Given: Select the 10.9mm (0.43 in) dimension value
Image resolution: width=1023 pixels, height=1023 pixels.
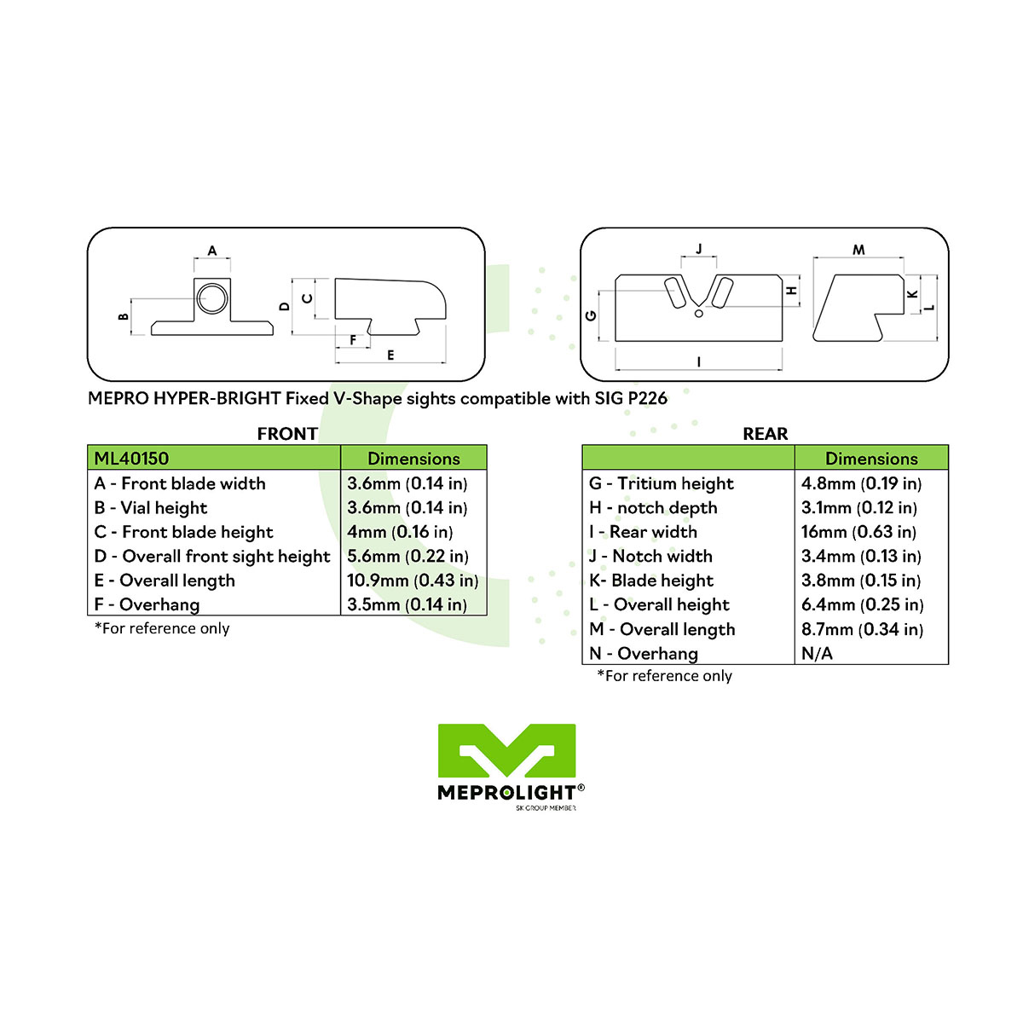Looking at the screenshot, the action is point(413,581).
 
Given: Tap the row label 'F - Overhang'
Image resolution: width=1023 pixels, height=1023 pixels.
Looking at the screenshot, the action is point(147,604).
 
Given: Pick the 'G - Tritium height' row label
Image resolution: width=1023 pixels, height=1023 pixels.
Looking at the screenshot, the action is point(661,483).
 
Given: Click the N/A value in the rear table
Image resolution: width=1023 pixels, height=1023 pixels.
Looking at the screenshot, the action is point(817,654).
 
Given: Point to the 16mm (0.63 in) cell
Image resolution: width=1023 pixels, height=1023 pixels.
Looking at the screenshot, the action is point(858,532).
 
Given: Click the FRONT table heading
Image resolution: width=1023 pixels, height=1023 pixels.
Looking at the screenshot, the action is point(287,434).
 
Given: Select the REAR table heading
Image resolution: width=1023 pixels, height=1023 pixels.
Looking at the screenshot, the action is point(765,434).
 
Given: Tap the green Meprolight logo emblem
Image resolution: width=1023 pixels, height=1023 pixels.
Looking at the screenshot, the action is point(506,750).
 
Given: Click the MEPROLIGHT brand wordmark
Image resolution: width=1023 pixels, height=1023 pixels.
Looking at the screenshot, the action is point(507,793).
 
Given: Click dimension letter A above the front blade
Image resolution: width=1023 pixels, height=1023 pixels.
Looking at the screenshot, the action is point(211,251).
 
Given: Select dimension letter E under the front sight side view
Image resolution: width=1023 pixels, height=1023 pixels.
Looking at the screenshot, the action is point(390,355).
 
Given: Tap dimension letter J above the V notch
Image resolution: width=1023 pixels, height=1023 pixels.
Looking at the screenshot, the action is point(699,248).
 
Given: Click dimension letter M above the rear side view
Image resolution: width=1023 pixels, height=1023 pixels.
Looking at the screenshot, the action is point(858,250).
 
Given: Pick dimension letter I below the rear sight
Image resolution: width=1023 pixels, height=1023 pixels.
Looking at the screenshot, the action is point(699,362).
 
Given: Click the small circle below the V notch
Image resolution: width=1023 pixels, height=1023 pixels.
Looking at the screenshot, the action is point(699,314).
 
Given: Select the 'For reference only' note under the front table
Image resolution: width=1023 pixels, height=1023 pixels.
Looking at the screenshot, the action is point(162,628).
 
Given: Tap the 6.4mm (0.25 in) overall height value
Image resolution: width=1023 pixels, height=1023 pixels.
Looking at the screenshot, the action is point(862,604).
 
